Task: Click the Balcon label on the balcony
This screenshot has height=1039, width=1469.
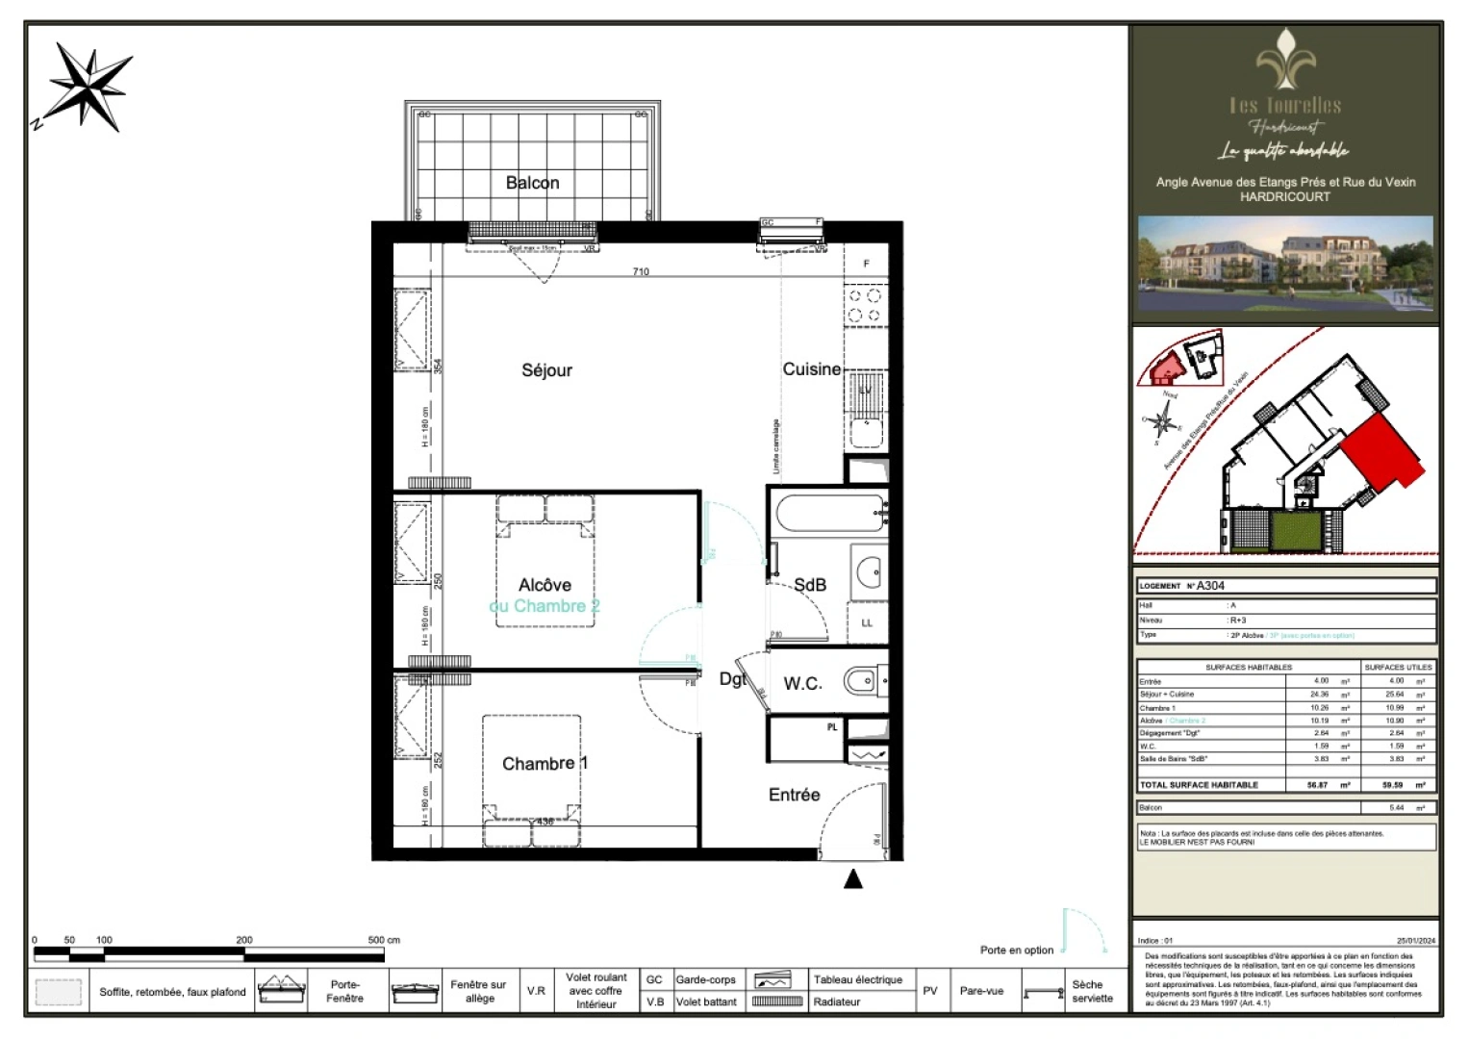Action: coord(532,183)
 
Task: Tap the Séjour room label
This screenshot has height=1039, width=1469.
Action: coord(546,370)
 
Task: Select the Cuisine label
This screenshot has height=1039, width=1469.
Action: coord(811,369)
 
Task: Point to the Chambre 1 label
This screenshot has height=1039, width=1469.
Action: coord(545,764)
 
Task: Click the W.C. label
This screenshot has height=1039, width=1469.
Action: coord(802,684)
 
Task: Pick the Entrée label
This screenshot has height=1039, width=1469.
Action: coord(794,795)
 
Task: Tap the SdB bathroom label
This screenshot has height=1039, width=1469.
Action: coord(810,585)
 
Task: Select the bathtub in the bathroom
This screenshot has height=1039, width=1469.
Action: coord(830,513)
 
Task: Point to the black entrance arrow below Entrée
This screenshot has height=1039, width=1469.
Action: coord(853,878)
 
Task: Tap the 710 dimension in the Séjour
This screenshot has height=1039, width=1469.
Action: coord(641,272)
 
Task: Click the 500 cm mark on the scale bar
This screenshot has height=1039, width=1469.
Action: coord(383,940)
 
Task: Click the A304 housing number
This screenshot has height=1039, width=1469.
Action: coord(1210,586)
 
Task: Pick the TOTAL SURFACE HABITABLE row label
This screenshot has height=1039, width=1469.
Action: coord(1199,785)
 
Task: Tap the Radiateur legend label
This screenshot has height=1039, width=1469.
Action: coord(836,1001)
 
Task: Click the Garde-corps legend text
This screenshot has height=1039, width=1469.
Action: coord(705,979)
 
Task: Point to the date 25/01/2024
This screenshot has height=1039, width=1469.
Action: coord(1415,941)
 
